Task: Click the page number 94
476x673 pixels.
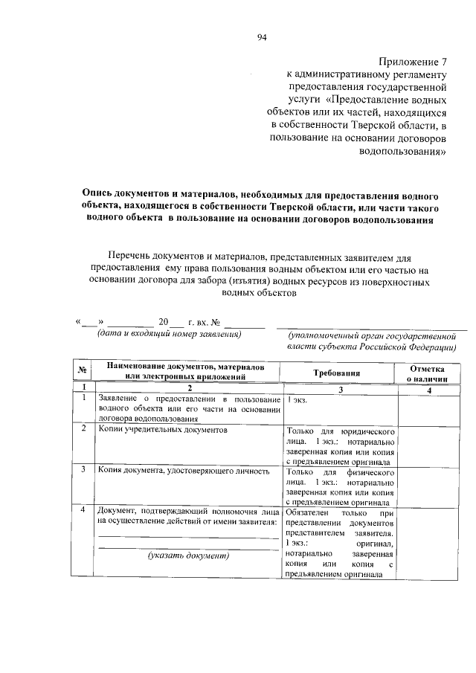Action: click(x=262, y=36)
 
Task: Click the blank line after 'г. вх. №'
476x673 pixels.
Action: click(x=245, y=323)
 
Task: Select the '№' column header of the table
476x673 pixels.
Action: click(x=84, y=372)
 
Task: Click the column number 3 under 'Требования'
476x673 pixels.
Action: click(x=339, y=389)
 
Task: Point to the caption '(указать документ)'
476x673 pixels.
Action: click(x=188, y=555)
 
